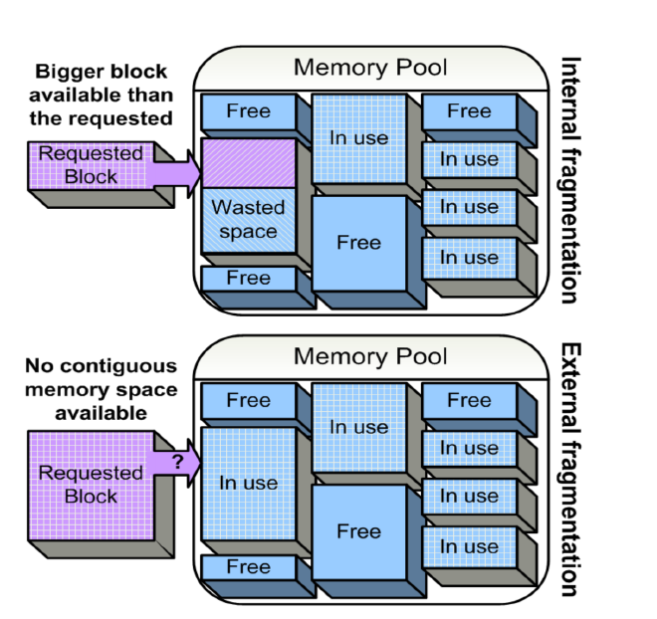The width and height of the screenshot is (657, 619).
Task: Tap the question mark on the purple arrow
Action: pos(177,461)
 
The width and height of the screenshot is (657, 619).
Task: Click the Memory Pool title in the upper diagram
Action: pos(370,69)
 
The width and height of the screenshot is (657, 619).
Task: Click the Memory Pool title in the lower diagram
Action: pos(370,356)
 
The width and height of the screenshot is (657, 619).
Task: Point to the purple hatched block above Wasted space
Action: pos(249,162)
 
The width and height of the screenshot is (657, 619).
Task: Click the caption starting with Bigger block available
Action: pos(102,95)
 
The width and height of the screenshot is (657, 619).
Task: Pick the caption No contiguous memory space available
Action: pos(102,388)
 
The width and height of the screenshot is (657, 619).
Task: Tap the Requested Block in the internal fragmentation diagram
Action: pos(92,165)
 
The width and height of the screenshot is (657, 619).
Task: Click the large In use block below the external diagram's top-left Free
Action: pos(249,484)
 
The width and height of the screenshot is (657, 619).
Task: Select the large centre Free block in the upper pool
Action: pos(358,243)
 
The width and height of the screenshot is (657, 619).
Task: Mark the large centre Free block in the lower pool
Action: pos(358,531)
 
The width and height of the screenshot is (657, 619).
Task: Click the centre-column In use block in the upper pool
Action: pos(358,138)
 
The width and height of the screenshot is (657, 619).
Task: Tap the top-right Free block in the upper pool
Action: pos(469,111)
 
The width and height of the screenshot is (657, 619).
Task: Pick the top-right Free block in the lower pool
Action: pos(469,401)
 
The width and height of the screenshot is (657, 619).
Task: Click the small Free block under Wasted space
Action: pos(249,279)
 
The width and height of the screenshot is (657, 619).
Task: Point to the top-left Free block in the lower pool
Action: pos(249,401)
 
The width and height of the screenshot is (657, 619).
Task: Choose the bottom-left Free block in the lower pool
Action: pos(249,567)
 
